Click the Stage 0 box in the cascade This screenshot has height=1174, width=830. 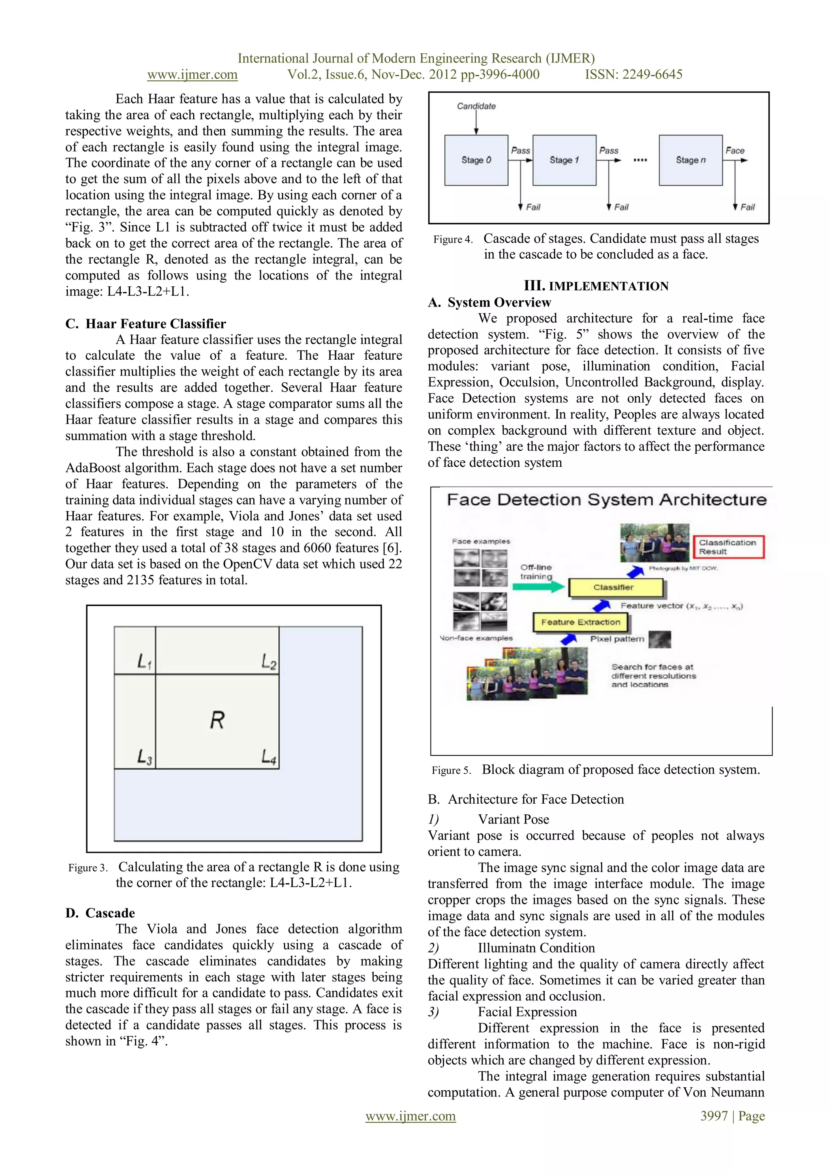[476, 160]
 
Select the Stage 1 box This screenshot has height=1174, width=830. [564, 160]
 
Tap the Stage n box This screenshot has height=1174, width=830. [691, 160]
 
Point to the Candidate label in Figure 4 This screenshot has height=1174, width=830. [476, 106]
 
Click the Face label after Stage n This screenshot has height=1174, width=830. [735, 150]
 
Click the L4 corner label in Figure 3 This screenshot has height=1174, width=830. [269, 757]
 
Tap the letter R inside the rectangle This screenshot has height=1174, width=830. [217, 721]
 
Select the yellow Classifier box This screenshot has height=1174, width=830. [615, 588]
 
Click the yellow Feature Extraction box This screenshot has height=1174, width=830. [581, 622]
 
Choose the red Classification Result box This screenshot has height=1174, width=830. [728, 547]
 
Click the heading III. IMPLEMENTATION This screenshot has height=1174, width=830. [596, 286]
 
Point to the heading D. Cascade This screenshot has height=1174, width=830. [100, 913]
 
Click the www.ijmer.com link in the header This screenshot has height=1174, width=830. [192, 75]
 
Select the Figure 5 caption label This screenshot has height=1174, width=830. [451, 771]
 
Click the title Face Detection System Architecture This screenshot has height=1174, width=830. [606, 500]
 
